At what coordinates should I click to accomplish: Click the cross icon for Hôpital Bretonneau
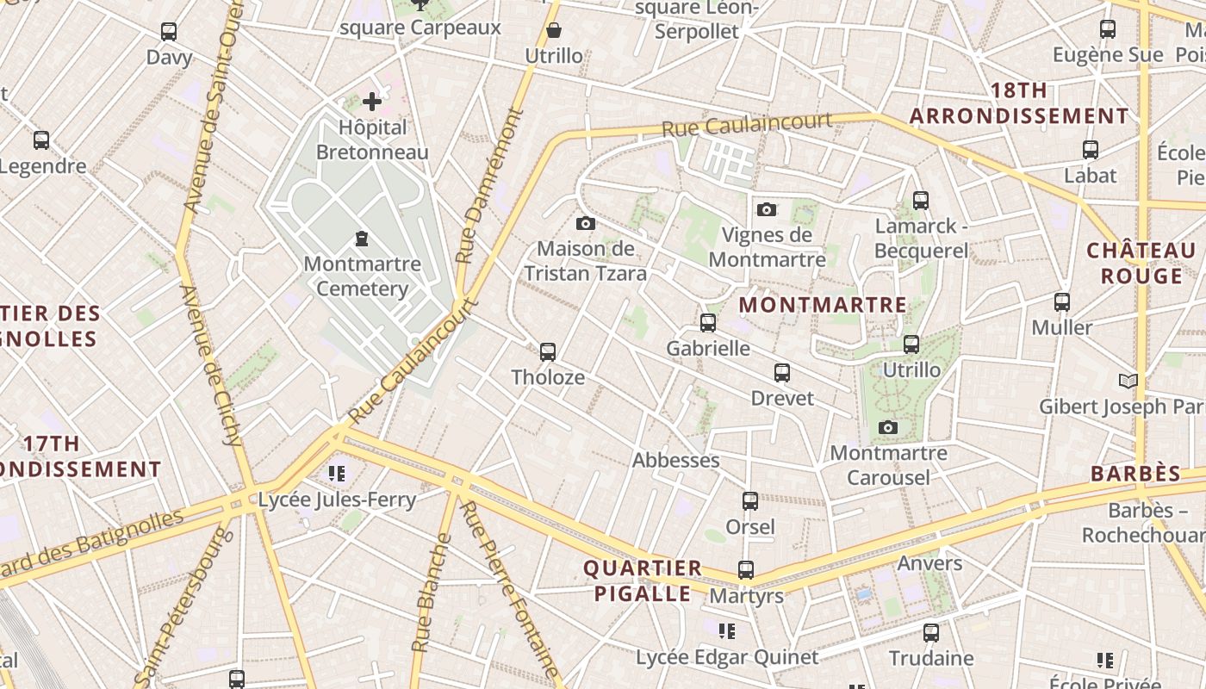click(x=372, y=102)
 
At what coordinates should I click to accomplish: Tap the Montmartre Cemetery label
click(x=362, y=276)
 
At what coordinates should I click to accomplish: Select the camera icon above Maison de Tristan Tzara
click(x=586, y=224)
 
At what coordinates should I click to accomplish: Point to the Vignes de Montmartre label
click(x=767, y=247)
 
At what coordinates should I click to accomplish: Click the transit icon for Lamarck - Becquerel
click(x=921, y=201)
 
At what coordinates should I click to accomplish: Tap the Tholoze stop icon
click(x=548, y=351)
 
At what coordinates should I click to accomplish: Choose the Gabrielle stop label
click(x=708, y=349)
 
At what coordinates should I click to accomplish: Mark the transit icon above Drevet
click(x=782, y=373)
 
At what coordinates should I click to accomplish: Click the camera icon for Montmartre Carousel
click(x=888, y=427)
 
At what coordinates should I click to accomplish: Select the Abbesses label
click(x=676, y=461)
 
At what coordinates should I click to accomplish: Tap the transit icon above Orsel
click(x=750, y=501)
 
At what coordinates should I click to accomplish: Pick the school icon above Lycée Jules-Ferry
click(x=337, y=473)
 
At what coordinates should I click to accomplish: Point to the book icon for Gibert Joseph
click(x=1128, y=381)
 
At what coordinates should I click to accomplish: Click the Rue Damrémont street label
click(x=489, y=185)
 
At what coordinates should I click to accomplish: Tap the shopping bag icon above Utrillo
click(x=554, y=31)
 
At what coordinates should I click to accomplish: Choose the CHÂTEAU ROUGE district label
click(x=1141, y=264)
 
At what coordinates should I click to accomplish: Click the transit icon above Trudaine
click(x=931, y=633)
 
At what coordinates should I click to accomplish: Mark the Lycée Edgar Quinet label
click(x=727, y=658)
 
